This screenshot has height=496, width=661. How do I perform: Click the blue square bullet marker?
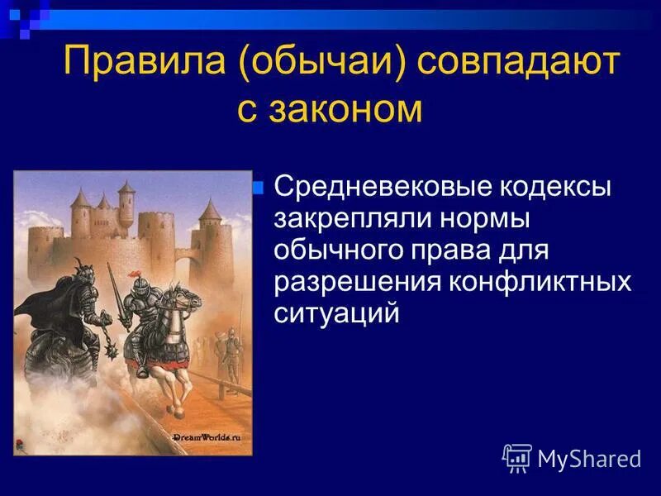pos(258,187)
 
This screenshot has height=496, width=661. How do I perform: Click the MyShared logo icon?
pos(517,457)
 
